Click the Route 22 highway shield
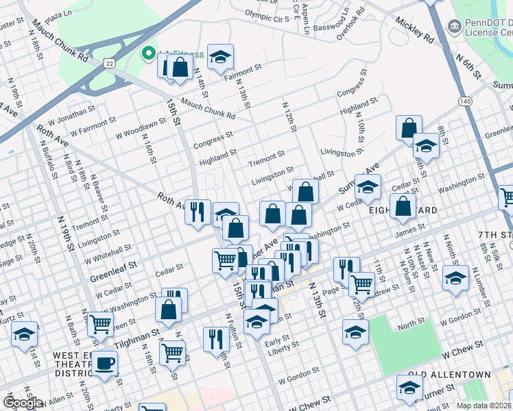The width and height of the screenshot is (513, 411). pos(110,62)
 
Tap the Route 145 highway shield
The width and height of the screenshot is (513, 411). pos(466,101)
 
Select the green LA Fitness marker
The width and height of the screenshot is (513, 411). pos(147,53)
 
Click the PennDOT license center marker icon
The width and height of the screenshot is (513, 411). pos(453,27)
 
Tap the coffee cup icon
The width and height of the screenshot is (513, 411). pos(105,362)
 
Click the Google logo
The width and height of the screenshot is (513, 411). pos(23,403)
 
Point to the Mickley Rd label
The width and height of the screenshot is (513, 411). pos(415,31)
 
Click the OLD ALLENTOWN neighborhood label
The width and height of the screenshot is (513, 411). pos(449,375)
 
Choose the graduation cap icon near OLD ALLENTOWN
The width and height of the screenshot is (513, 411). pos(410,388)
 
